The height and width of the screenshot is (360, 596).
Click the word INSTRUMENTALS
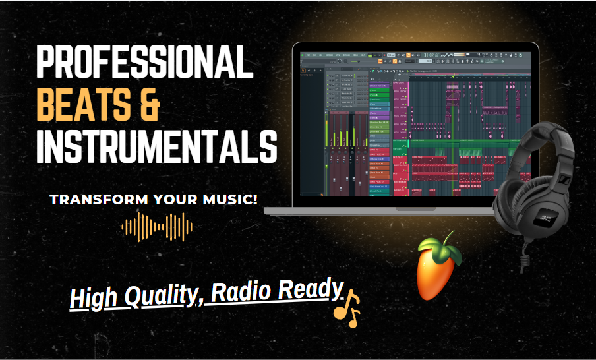pos(156,146)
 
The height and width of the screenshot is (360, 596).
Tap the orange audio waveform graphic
pos(157,227)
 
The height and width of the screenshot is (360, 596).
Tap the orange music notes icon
pos(347,307)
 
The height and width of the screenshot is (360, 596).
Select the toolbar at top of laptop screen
pos(415,55)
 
